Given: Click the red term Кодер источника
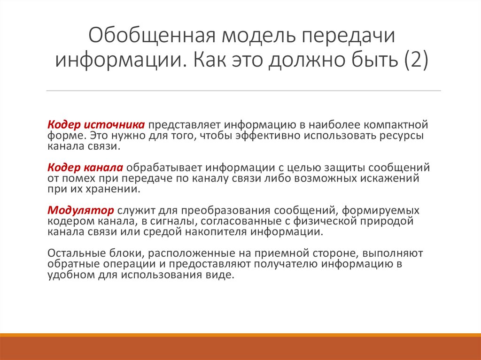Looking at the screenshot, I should pos(96,125).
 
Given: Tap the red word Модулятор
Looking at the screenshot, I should pos(81,210).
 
